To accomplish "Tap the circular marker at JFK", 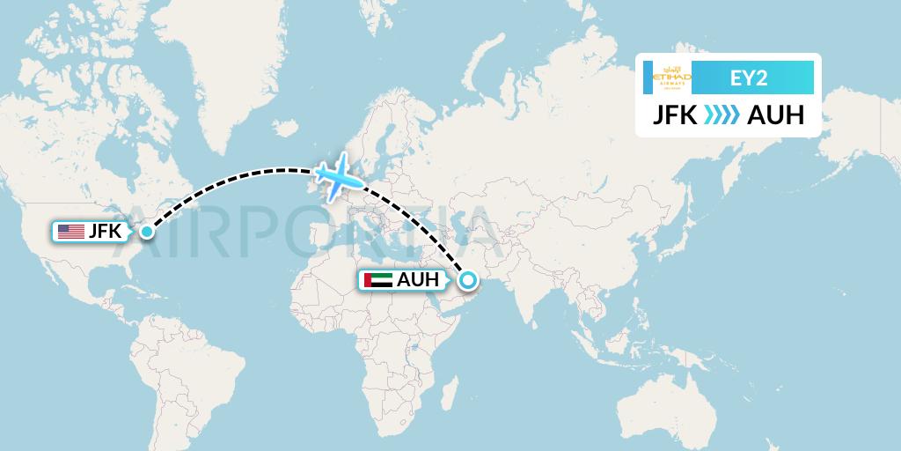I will [145, 232].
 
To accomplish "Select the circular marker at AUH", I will [467, 281].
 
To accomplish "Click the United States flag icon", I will [70, 232].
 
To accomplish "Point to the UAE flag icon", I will [377, 281].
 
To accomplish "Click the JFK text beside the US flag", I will [105, 232].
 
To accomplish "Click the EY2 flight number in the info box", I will [751, 78].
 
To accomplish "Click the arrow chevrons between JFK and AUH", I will [722, 115].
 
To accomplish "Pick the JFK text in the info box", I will [676, 115].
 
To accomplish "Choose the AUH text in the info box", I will [775, 115].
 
